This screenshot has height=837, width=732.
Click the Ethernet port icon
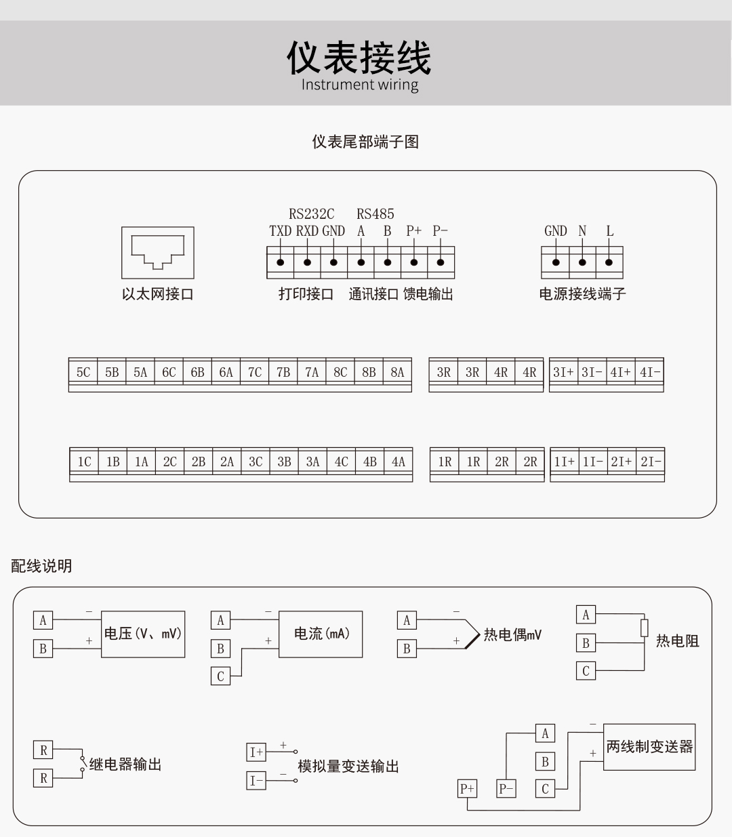pos(157,252)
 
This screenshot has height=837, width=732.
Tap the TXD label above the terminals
pos(280,231)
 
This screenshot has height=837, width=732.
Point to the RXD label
pos(307,231)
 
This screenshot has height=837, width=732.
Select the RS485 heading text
pos(375,214)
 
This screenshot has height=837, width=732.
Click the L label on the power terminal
pos(609,231)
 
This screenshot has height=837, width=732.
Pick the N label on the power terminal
pos(582,231)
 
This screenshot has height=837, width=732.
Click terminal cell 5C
pos(83,372)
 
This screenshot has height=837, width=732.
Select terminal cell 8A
pos(397,372)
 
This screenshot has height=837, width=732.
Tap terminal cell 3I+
pos(563,372)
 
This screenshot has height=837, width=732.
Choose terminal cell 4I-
pos(650,372)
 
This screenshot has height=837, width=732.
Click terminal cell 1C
pos(84,462)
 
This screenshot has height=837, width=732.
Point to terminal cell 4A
pos(399,462)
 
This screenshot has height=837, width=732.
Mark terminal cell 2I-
pos(651,462)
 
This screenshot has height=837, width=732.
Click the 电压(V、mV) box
pos(143,634)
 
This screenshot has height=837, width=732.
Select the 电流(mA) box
pos(321,634)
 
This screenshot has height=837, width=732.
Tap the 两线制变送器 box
pos(649,747)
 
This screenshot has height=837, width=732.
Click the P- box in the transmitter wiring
pos(506,788)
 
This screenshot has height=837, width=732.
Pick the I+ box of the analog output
pos(256,752)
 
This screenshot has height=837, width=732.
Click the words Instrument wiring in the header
pos(359,85)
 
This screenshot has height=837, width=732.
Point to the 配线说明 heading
pos(41,566)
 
